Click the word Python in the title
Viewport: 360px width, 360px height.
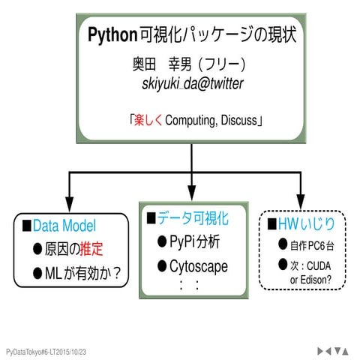[110, 34]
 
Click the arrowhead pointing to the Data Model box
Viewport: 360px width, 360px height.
[70, 204]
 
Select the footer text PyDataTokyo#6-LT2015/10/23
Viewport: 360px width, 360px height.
[46, 351]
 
